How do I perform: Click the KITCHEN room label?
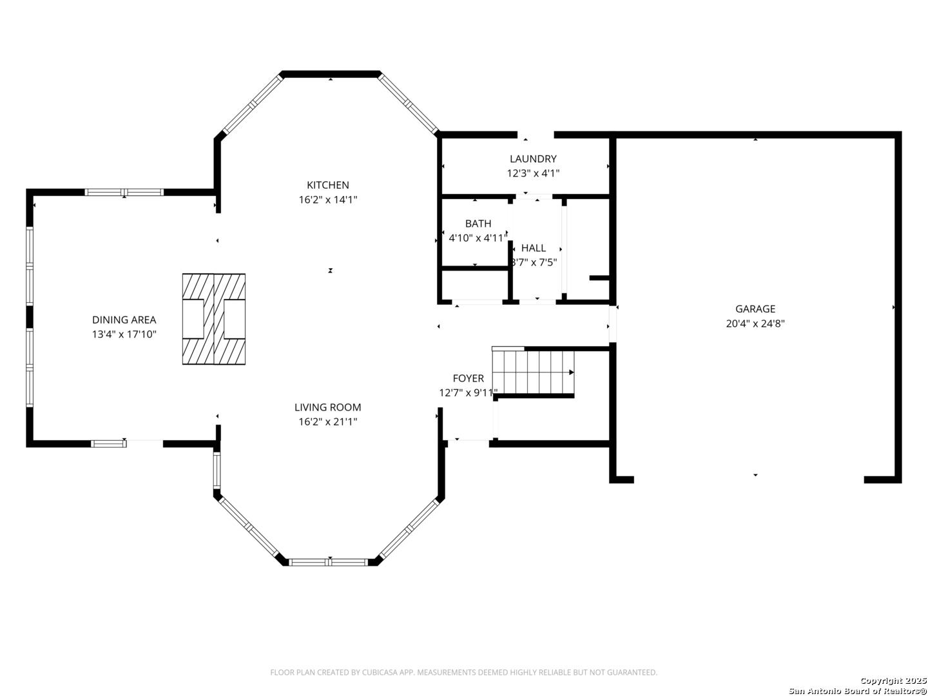327,185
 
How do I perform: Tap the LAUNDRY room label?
533,159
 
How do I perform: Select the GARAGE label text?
755,309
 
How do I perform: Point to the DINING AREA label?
124,320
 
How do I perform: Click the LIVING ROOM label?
327,407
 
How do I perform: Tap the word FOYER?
468,378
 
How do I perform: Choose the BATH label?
478,224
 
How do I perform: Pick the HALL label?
533,248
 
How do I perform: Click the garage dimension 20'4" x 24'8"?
755,324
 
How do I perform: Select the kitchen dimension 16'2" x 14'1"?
327,200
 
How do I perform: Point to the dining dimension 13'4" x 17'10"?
124,334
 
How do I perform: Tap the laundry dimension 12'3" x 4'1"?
533,173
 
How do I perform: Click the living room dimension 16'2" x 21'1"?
327,421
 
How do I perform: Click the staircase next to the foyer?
533,372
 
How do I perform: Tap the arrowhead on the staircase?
571,372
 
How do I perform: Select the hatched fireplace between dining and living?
214,319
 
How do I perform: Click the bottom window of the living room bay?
329,562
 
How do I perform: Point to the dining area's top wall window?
124,192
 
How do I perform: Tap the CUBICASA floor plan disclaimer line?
463,672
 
